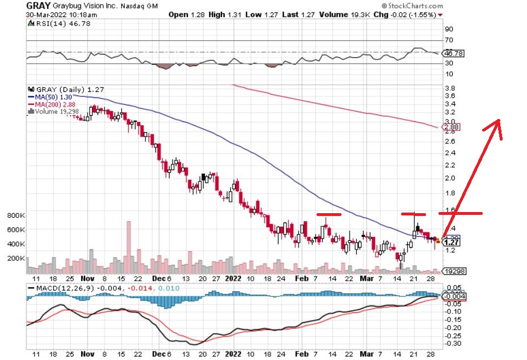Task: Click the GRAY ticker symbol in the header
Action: point(38,5)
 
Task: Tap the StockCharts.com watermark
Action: point(406,6)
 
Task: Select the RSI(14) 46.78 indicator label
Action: point(53,23)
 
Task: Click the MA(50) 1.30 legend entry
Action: point(55,98)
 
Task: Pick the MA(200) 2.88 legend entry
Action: point(56,105)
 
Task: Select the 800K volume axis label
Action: point(16,215)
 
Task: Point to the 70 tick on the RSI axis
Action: point(449,40)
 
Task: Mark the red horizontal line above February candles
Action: point(329,214)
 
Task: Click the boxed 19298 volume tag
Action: point(453,271)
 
